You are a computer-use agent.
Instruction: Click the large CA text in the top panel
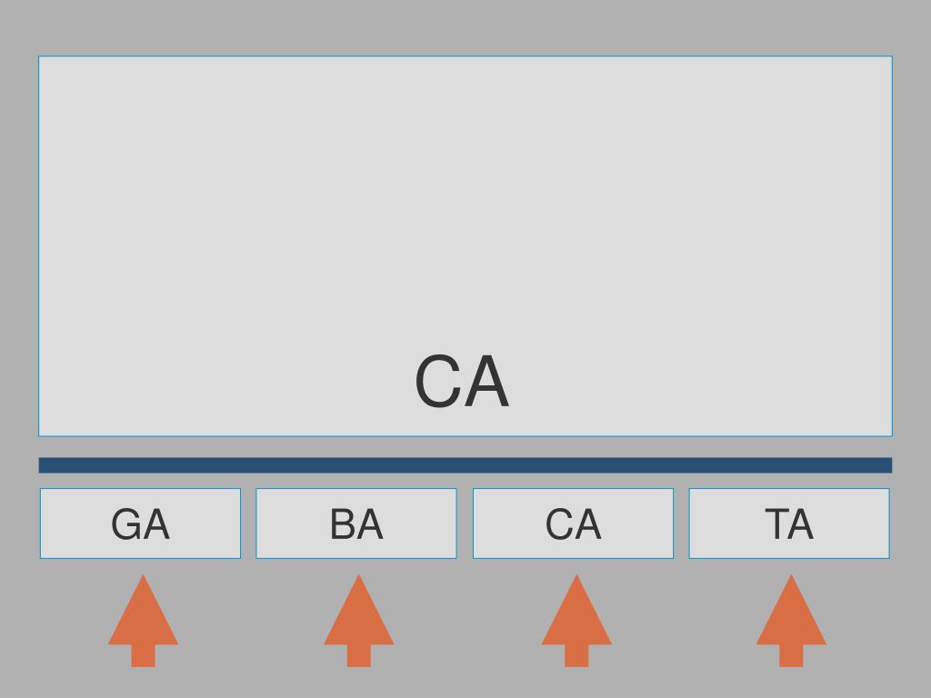[x=462, y=383]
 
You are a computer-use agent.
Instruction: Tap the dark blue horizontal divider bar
[x=465, y=465]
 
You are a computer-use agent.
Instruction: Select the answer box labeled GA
[x=140, y=523]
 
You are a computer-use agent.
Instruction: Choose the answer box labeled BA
[x=355, y=523]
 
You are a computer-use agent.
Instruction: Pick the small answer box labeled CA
[x=573, y=523]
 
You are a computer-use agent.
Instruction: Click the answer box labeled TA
[x=789, y=523]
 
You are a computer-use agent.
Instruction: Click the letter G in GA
[x=126, y=525]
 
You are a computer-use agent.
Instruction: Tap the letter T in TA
[x=776, y=525]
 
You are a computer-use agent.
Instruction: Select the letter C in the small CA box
[x=559, y=525]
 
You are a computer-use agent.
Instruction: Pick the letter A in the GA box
[x=155, y=525]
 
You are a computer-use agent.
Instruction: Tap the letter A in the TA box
[x=802, y=525]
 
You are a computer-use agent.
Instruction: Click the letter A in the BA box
[x=370, y=525]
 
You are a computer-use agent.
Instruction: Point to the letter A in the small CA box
[x=587, y=525]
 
